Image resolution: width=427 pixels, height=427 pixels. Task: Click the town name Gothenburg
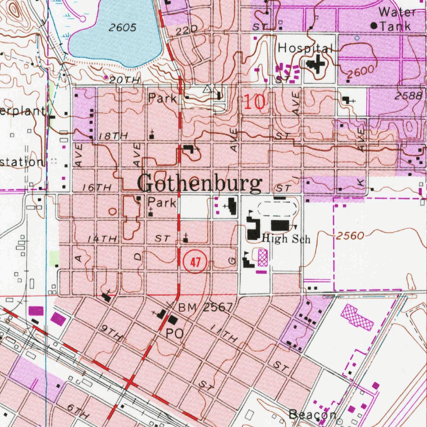tap(200, 184)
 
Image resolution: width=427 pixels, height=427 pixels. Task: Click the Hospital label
tap(305, 48)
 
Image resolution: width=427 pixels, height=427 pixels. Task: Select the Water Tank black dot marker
tap(374, 26)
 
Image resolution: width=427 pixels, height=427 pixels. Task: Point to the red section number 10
tap(254, 102)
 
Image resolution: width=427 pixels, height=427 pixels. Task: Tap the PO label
tap(175, 334)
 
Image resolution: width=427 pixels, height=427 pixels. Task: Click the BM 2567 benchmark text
tap(205, 308)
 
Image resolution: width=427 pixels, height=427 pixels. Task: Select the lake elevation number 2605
tap(123, 28)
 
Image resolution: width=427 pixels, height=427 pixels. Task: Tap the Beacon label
tap(313, 414)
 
